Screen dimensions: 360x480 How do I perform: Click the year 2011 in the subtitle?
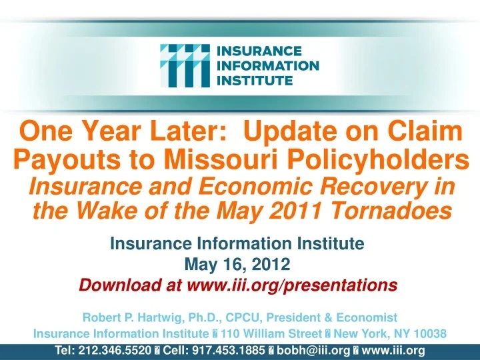313,211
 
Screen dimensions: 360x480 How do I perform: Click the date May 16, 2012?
239,265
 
